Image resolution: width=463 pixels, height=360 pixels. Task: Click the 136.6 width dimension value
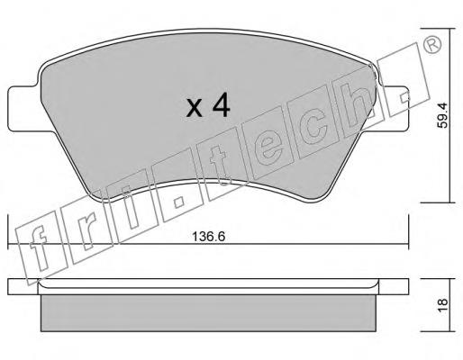208,237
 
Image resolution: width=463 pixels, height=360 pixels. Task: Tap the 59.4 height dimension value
441,115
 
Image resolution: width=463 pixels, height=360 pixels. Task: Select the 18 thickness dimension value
442,306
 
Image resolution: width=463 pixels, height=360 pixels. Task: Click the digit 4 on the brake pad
221,107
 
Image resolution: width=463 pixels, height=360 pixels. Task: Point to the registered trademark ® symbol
432,45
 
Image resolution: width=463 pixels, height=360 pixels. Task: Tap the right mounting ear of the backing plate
394,109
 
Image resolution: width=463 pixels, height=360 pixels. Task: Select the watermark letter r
86,235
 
